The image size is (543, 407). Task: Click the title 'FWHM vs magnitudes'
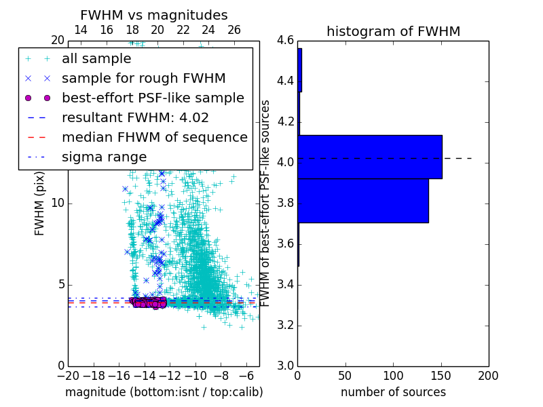click(154, 15)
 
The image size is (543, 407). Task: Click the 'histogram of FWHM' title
click(393, 31)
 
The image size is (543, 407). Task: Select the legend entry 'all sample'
click(96, 59)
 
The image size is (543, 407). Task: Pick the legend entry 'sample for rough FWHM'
click(143, 78)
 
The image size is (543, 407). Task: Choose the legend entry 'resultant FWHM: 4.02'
click(135, 117)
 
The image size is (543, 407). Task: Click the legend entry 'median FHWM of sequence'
click(154, 137)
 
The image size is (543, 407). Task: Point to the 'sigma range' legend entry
click(104, 157)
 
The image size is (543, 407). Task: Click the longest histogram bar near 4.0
click(369, 157)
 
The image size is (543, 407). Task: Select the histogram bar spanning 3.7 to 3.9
click(362, 200)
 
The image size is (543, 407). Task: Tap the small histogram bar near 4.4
click(299, 70)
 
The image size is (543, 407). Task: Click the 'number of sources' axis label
click(393, 392)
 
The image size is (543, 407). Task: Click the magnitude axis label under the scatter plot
click(164, 392)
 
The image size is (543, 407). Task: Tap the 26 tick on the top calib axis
click(234, 30)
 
